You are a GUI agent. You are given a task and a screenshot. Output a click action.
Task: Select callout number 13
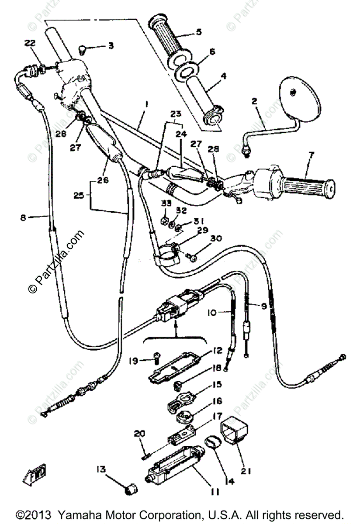pyautogui.click(x=101, y=469)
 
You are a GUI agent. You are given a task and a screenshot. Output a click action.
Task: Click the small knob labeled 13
pyautogui.click(x=130, y=491)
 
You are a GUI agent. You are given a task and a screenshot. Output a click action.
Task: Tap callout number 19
pyautogui.click(x=134, y=361)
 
